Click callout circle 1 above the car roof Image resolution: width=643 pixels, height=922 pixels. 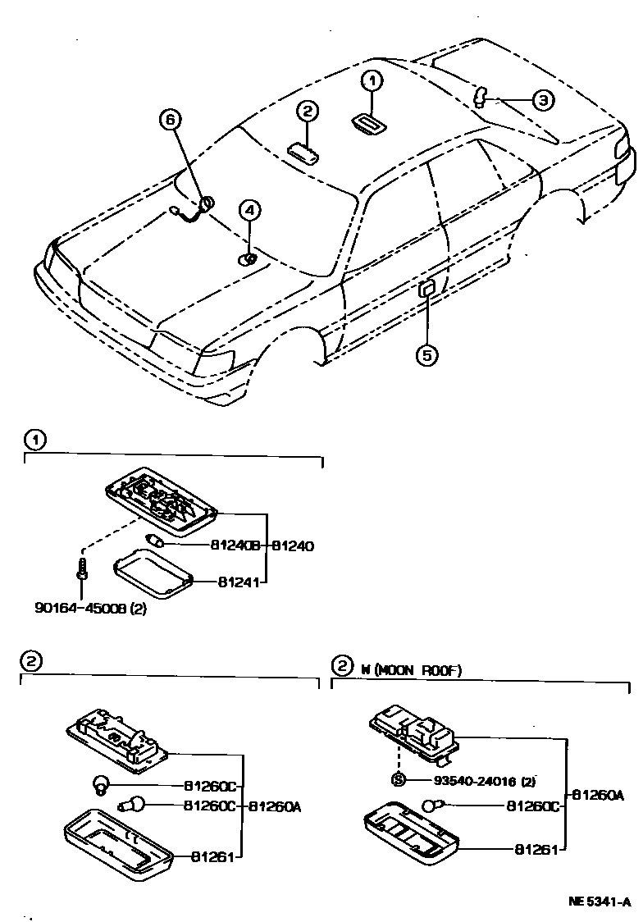[x=372, y=80]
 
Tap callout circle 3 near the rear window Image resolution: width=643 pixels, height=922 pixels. [x=543, y=100]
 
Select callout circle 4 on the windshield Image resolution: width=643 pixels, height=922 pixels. [x=249, y=211]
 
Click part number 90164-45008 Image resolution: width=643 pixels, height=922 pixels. [x=79, y=609]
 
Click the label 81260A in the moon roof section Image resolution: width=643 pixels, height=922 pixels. [x=598, y=794]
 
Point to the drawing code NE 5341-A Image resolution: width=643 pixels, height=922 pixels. [x=600, y=901]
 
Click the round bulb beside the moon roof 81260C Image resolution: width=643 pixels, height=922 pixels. [x=432, y=806]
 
